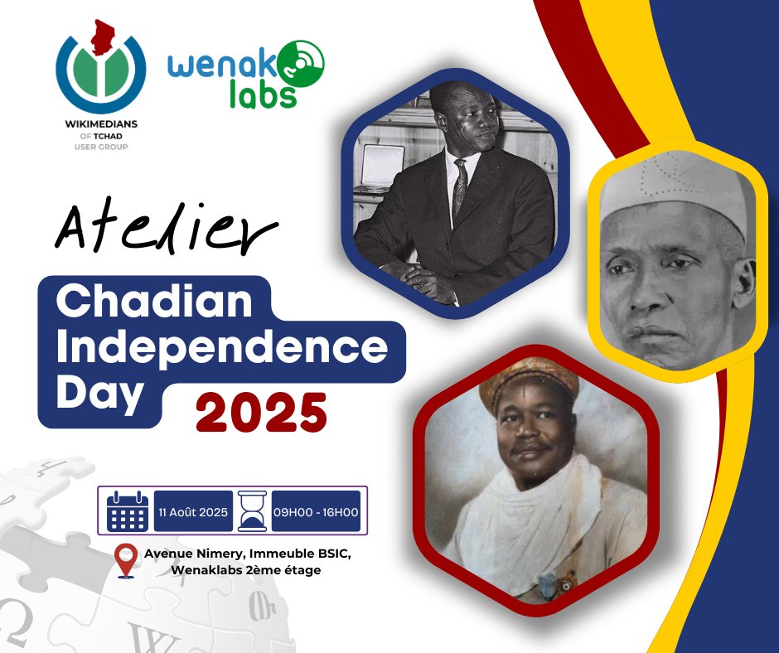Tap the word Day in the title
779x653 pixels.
click(x=99, y=392)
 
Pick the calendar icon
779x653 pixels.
click(x=128, y=510)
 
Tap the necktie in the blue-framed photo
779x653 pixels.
click(x=460, y=186)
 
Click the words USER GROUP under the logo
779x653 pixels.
click(x=99, y=147)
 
